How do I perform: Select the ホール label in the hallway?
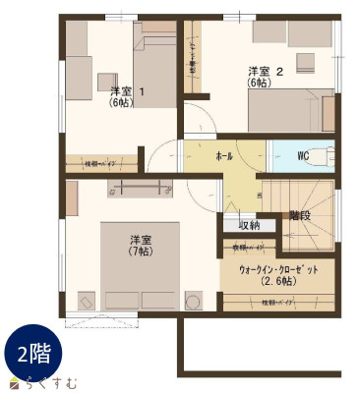click(x=224, y=155)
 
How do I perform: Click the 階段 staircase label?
click(x=300, y=215)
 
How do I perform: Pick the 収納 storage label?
click(x=249, y=225)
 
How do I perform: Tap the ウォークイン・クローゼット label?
click(x=278, y=269)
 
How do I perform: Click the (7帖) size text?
click(x=139, y=252)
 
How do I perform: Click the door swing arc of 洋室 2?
click(x=197, y=123)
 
